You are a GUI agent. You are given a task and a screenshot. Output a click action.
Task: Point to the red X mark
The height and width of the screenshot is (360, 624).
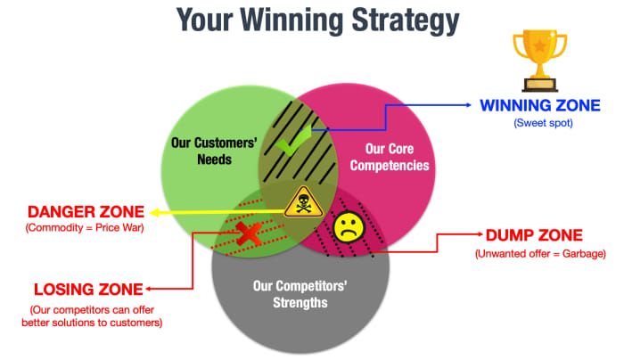248,233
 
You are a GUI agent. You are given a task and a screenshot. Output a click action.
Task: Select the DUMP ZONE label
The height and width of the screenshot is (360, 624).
534,236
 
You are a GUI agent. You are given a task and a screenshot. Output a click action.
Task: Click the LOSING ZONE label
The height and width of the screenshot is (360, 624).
86,289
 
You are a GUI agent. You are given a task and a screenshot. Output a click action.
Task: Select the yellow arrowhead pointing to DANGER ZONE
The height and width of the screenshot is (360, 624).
153,213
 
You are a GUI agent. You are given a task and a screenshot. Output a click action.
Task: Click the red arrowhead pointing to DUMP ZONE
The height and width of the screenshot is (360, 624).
477,236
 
